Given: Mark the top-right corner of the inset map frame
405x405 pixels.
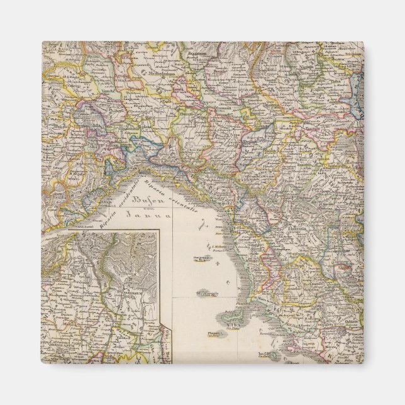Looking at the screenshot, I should click(159, 231).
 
